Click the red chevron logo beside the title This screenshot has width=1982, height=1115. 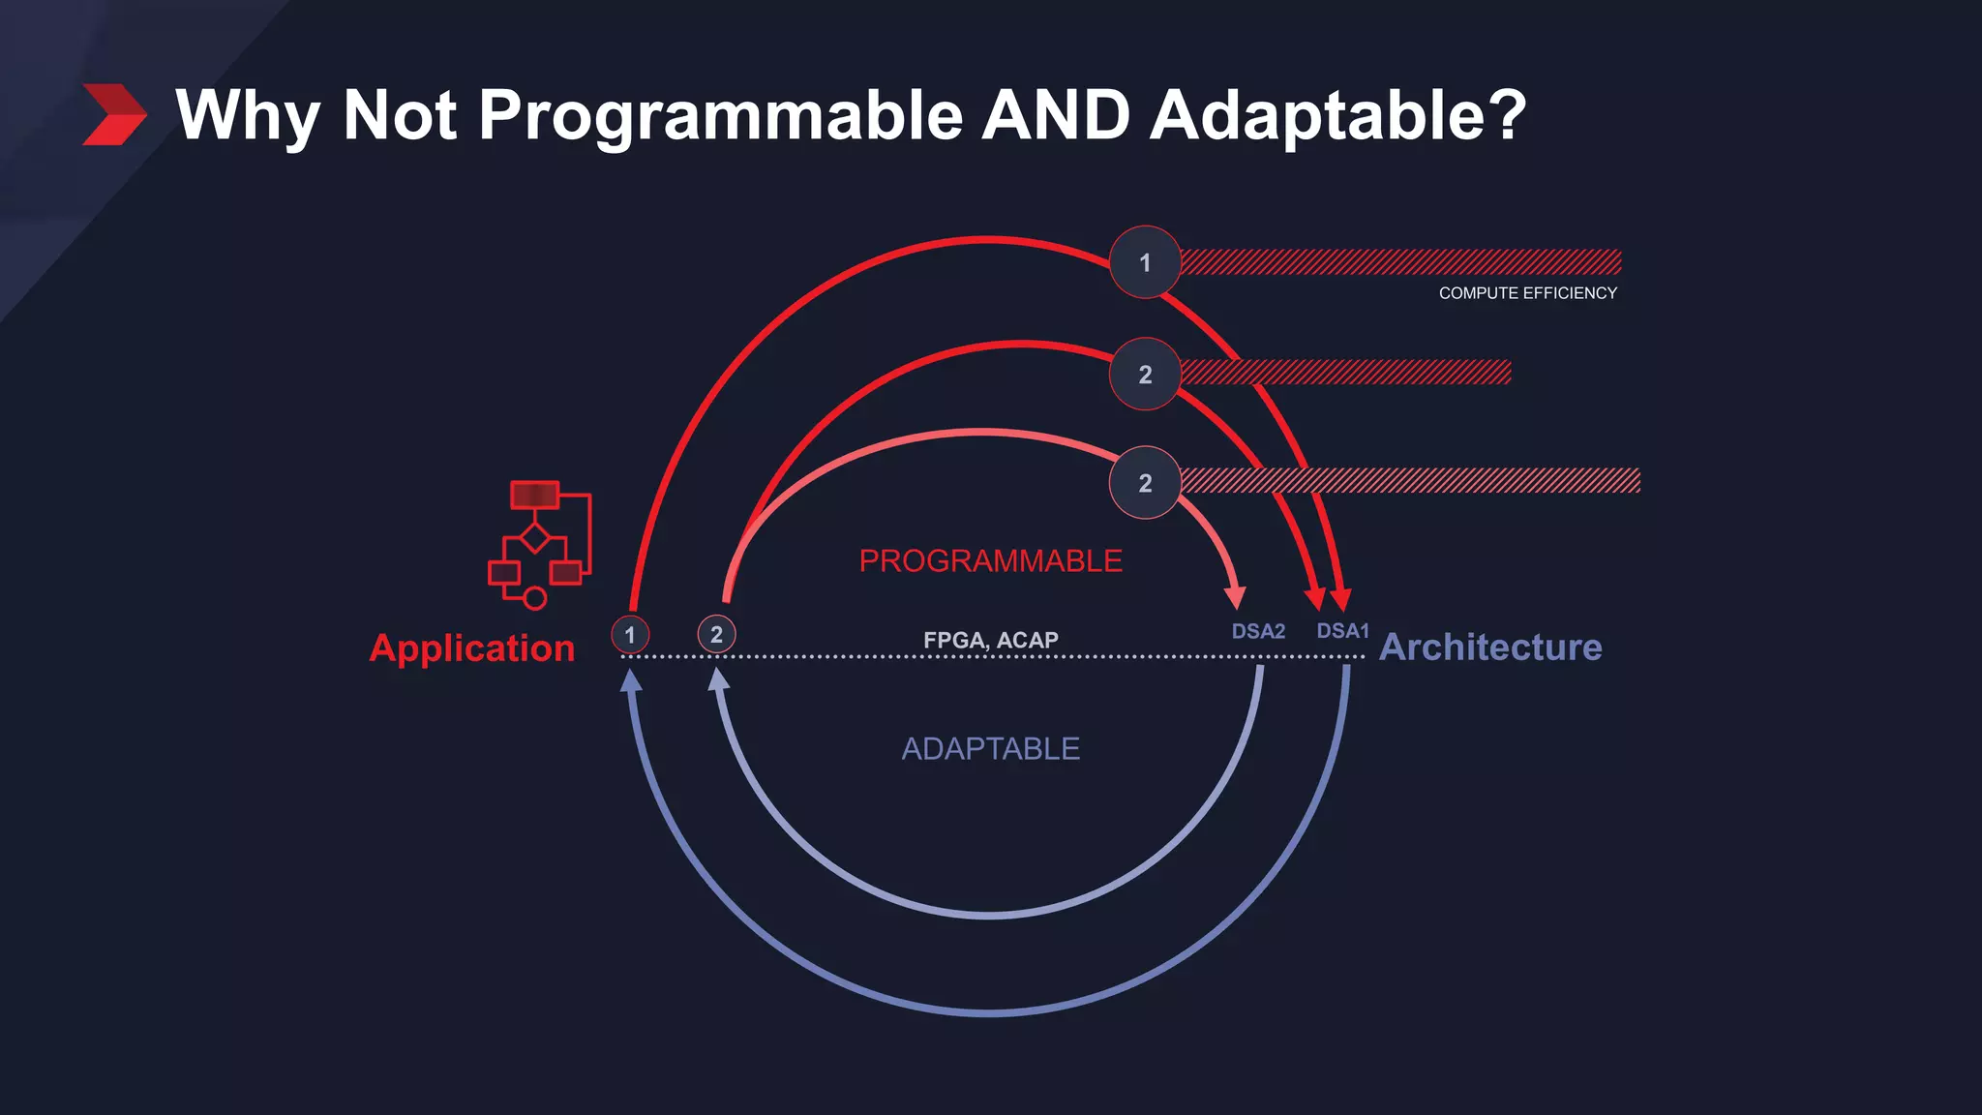[x=114, y=114]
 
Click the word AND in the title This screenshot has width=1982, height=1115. [x=1056, y=115]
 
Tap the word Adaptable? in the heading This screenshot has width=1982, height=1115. [x=1337, y=115]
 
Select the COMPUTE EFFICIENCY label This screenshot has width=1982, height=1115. [x=1527, y=293]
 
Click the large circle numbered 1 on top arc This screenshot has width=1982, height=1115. [x=1145, y=262]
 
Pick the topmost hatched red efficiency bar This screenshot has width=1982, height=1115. [x=1400, y=261]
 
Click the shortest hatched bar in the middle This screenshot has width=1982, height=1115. [x=1345, y=373]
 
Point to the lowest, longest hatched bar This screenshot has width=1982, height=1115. [x=1410, y=481]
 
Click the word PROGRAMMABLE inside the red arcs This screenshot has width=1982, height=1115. [x=990, y=560]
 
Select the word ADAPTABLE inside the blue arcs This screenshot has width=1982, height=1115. [x=990, y=748]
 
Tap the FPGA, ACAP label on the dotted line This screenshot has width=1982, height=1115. [x=990, y=640]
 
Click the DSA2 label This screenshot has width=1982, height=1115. [x=1258, y=631]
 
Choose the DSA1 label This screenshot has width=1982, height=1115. [x=1342, y=631]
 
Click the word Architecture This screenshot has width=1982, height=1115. [x=1490, y=647]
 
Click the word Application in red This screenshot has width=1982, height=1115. [x=472, y=648]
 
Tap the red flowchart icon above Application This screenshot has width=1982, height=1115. [x=539, y=543]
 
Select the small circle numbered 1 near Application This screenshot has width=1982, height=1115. [x=630, y=635]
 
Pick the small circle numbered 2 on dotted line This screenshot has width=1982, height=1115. [x=716, y=634]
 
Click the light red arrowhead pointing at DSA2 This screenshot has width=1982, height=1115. [x=1236, y=596]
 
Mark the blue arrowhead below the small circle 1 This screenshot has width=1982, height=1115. [x=631, y=680]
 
